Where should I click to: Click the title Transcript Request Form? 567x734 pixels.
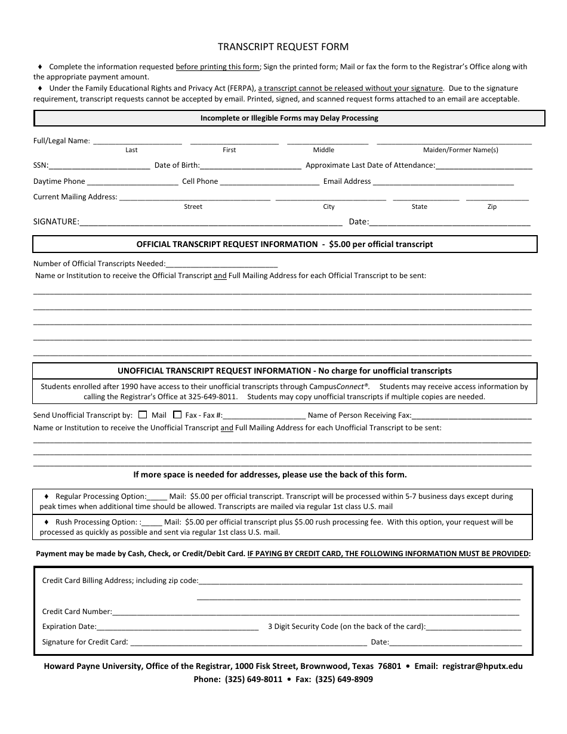click(x=283, y=47)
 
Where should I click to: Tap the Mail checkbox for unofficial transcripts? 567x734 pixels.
click(x=143, y=415)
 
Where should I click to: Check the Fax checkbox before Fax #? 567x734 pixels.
click(x=177, y=415)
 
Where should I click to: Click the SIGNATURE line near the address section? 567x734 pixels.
click(x=211, y=223)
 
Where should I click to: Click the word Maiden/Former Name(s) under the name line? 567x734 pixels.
click(x=460, y=150)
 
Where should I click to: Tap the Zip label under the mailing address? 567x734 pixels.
click(x=492, y=207)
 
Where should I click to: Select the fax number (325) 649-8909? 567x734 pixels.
click(x=344, y=679)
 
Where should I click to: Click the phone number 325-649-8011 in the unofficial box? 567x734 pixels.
click(x=215, y=397)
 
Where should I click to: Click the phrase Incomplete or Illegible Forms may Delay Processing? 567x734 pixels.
click(x=289, y=118)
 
